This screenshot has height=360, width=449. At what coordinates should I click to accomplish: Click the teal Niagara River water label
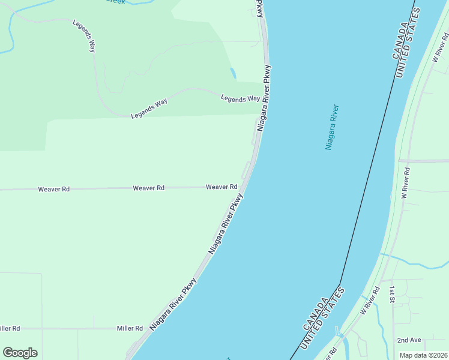tap(333, 127)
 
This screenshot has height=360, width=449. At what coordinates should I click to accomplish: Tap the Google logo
tap(20, 353)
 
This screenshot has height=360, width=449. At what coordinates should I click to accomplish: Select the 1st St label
tap(391, 294)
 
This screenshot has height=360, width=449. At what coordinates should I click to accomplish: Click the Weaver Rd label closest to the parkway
tap(221, 187)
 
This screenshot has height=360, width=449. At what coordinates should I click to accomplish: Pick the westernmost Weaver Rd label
tap(53, 189)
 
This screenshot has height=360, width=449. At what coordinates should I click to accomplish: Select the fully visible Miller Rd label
tap(130, 328)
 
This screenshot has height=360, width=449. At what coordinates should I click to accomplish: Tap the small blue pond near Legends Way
tap(232, 73)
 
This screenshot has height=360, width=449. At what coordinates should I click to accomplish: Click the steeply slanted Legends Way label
tap(84, 36)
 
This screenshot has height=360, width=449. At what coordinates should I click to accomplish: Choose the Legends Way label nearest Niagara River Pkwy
tap(240, 98)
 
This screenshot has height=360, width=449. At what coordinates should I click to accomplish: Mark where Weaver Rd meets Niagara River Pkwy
tap(241, 187)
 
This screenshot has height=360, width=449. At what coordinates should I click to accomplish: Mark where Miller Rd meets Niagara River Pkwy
tap(145, 328)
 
